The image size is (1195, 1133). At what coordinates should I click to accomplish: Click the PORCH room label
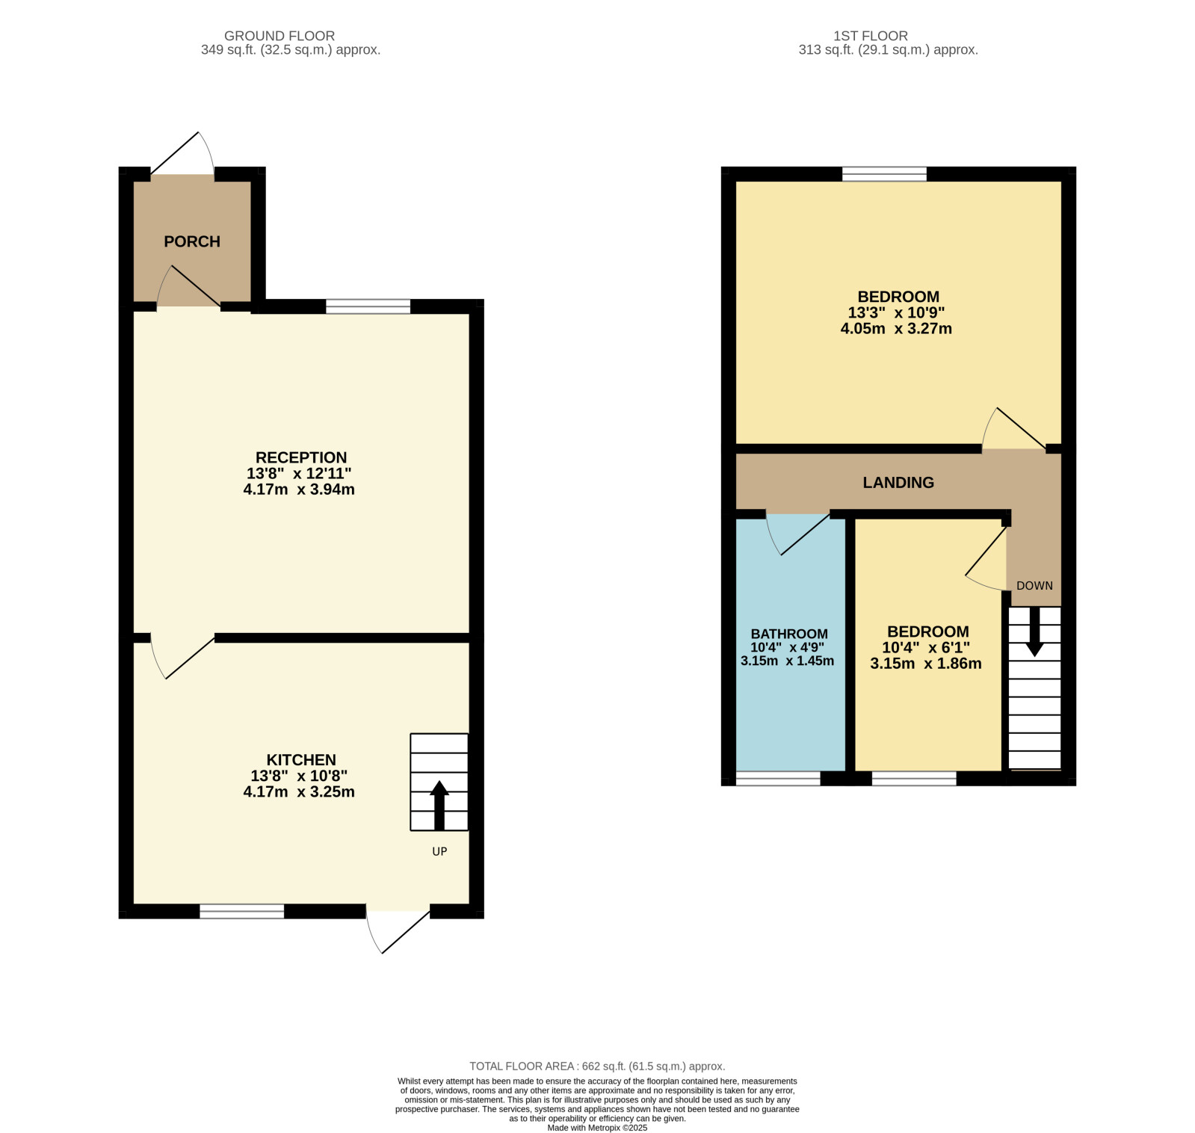point(192,241)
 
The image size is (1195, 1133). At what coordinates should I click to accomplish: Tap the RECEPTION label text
point(301,457)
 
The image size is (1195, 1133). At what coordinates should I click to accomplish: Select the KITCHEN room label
point(301,760)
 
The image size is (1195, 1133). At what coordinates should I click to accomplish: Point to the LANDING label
point(898,483)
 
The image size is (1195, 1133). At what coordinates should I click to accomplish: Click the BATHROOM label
point(789,634)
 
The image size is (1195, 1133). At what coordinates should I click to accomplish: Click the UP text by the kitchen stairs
point(439,851)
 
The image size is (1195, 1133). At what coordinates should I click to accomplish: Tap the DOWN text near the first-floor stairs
point(1034,586)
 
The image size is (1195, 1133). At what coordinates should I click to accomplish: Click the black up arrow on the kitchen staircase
point(439,805)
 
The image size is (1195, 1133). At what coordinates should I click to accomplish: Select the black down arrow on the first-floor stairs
point(1034,632)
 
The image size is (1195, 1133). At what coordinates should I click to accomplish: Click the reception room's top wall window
point(368,306)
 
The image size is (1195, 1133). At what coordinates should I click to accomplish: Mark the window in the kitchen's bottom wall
point(242,911)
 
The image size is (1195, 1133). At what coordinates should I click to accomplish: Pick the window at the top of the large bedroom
point(884,174)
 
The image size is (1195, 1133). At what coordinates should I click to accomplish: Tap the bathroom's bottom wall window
point(778,779)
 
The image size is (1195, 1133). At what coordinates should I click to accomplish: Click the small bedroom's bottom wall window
point(914,779)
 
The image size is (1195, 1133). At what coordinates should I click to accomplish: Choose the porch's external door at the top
point(183,154)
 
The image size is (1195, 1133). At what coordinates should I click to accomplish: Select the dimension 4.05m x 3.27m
point(896,329)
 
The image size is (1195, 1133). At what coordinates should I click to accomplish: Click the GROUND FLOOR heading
point(280,36)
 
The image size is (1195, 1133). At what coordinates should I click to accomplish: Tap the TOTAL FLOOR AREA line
point(597,1066)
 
